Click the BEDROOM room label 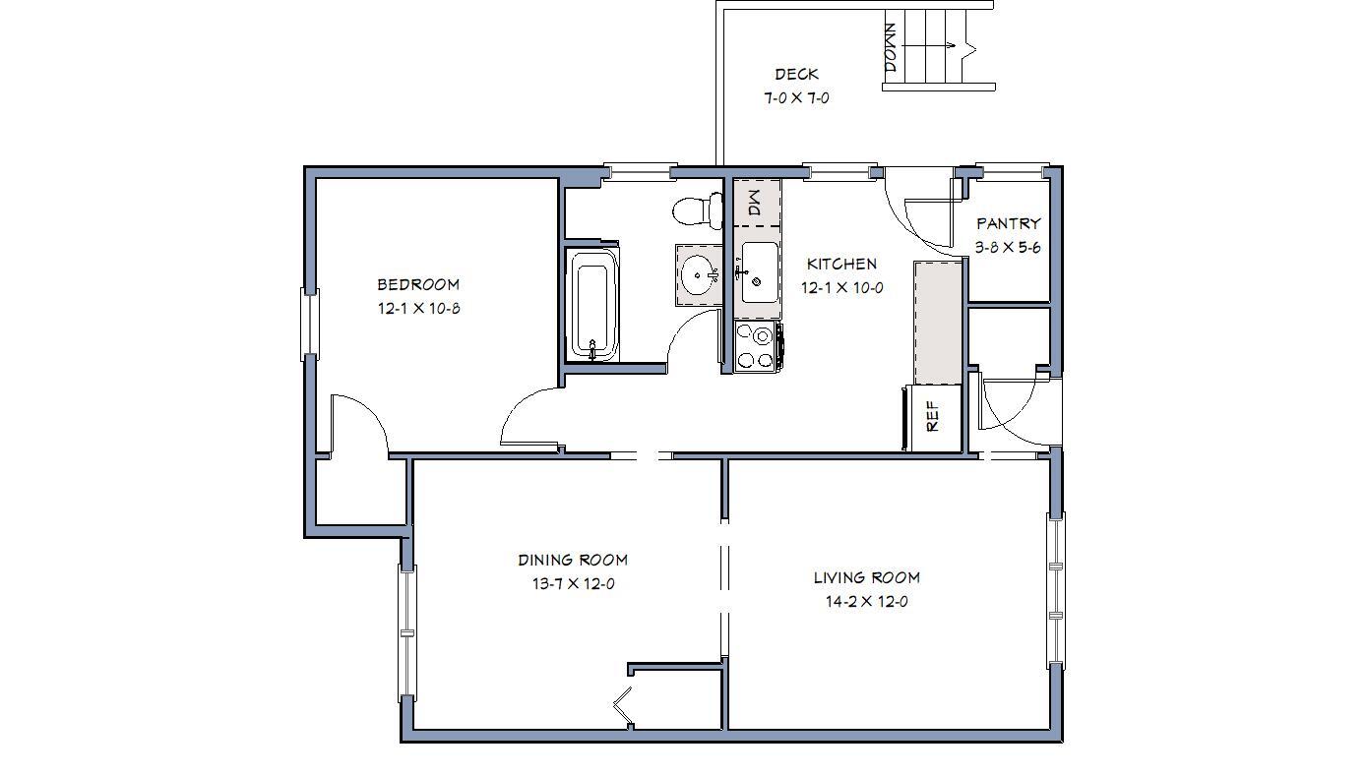pyautogui.click(x=418, y=285)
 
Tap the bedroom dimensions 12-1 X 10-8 pyautogui.click(x=418, y=308)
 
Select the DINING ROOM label pyautogui.click(x=573, y=561)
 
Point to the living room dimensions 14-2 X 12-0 pyautogui.click(x=866, y=602)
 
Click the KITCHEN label pyautogui.click(x=841, y=264)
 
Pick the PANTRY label pyautogui.click(x=1008, y=224)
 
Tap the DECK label pyautogui.click(x=796, y=75)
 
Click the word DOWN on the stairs pyautogui.click(x=892, y=47)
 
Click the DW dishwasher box pyautogui.click(x=756, y=204)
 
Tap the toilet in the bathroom pyautogui.click(x=697, y=209)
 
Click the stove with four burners pyautogui.click(x=758, y=346)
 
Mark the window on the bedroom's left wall pyautogui.click(x=310, y=324)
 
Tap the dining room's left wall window pyautogui.click(x=407, y=632)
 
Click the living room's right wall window pyautogui.click(x=1056, y=590)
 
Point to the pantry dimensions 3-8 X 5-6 pyautogui.click(x=1008, y=248)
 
